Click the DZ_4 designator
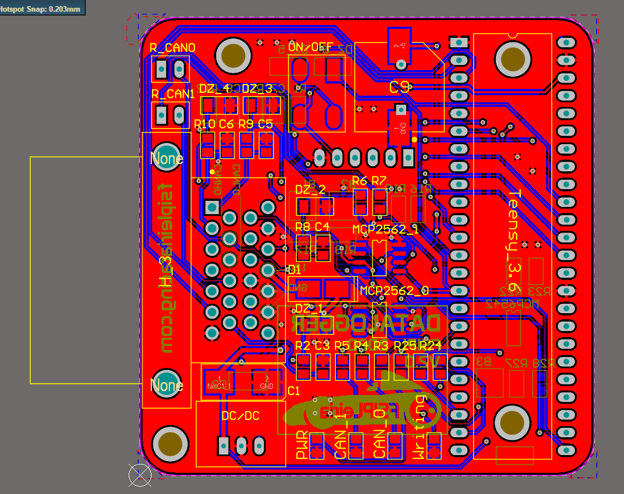coord(214,89)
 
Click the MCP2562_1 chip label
coord(385,229)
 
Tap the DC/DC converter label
coord(240,416)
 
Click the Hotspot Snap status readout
coord(42,8)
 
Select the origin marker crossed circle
coord(140,474)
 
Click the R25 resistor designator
coord(405,345)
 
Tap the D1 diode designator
coord(294,270)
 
